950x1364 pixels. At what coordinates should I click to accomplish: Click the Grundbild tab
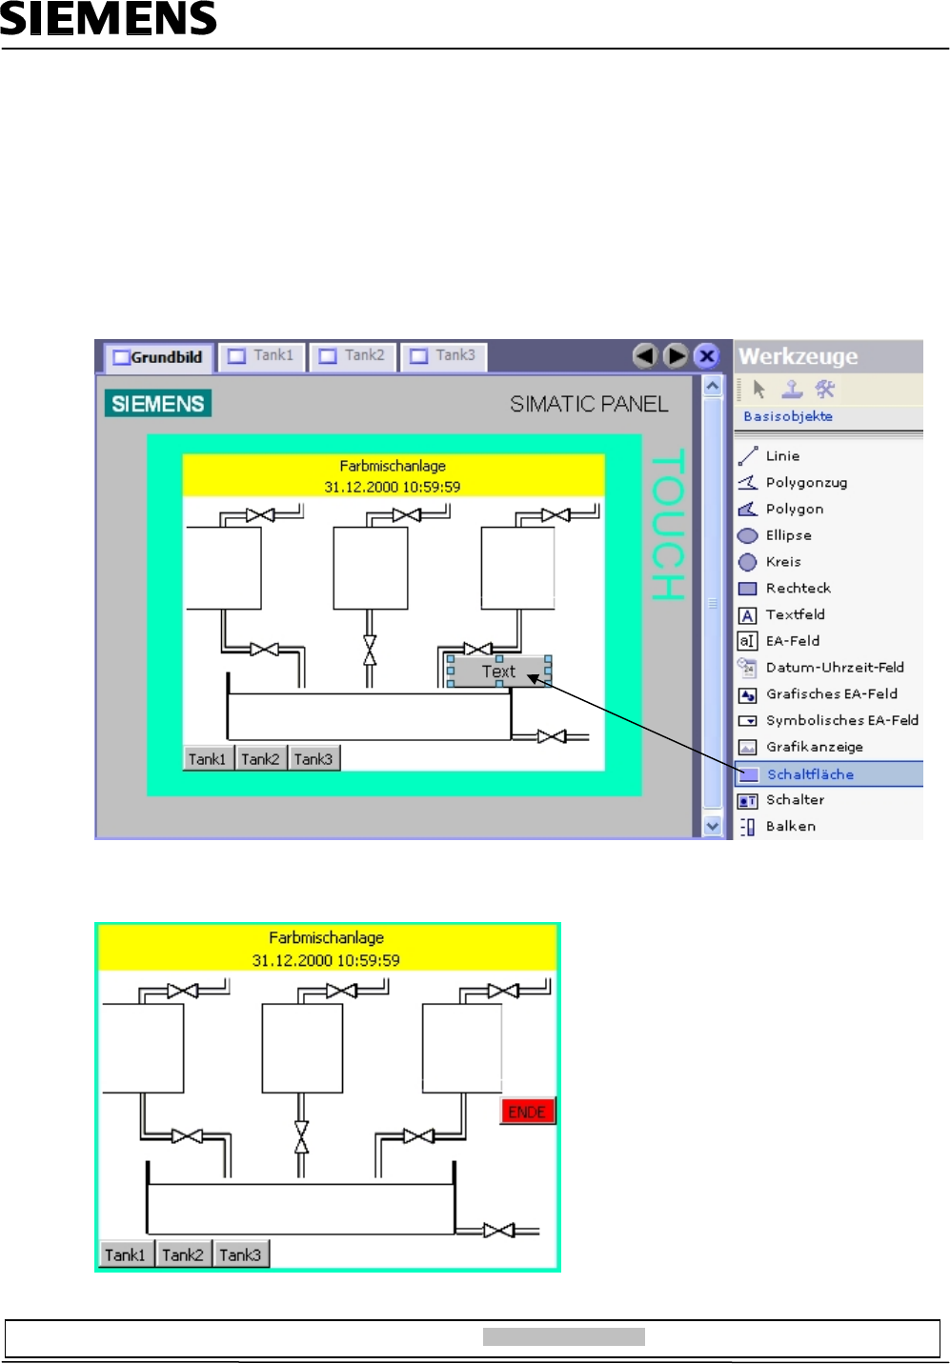click(158, 357)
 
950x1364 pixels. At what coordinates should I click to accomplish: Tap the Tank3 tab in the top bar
click(443, 355)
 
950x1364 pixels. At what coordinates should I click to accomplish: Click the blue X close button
click(706, 356)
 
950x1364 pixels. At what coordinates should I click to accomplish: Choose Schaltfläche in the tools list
click(810, 774)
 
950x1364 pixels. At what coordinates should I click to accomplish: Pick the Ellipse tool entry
click(788, 535)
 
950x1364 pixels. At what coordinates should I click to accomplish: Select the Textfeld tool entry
click(795, 614)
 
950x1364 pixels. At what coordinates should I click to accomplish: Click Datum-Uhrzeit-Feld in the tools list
click(835, 668)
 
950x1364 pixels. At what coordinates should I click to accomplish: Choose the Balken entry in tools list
click(790, 827)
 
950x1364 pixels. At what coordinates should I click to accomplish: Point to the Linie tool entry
click(782, 456)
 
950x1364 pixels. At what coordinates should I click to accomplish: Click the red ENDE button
click(527, 1112)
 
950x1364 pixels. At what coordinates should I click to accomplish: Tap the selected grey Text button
click(498, 672)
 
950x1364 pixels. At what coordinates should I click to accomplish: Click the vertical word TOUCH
click(667, 525)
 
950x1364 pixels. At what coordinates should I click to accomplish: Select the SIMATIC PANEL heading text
click(589, 404)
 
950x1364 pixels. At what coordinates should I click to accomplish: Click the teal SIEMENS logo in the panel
click(158, 404)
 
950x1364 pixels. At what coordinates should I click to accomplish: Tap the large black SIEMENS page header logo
click(109, 19)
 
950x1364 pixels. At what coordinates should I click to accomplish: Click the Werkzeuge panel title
click(798, 356)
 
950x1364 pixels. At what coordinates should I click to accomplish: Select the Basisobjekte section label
click(788, 416)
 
